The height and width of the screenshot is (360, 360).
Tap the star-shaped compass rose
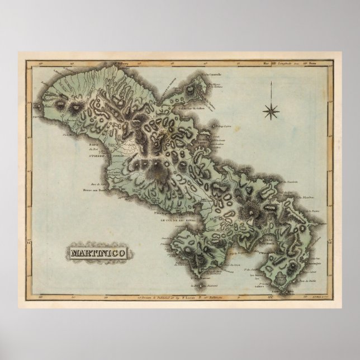(x=271, y=110)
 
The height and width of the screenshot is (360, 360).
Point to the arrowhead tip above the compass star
(x=271, y=83)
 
